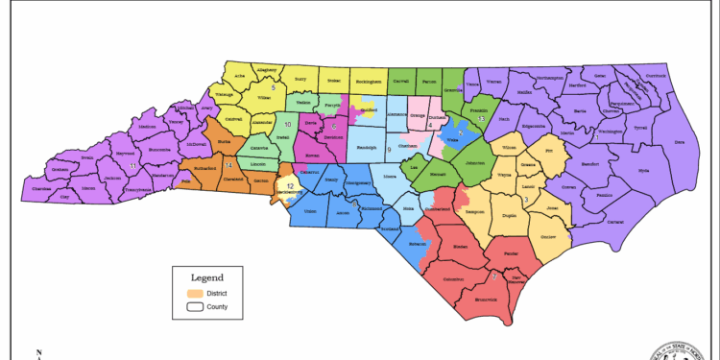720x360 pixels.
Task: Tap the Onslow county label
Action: (x=549, y=236)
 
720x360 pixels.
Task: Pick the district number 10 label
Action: (x=287, y=125)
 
